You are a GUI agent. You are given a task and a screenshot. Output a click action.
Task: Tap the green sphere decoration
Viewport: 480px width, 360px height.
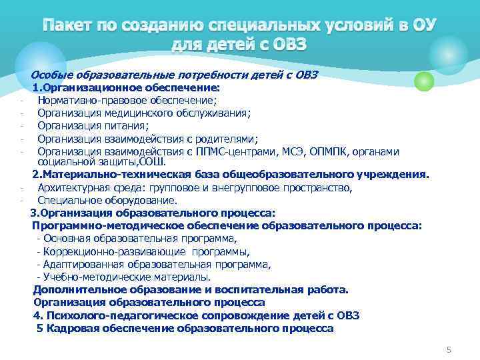[424, 81]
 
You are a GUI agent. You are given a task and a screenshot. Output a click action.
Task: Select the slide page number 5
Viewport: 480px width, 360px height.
[449, 349]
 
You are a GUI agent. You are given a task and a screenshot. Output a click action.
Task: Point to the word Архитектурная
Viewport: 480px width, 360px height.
[71, 187]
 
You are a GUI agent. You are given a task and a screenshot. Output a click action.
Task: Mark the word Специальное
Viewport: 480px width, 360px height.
[67, 200]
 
